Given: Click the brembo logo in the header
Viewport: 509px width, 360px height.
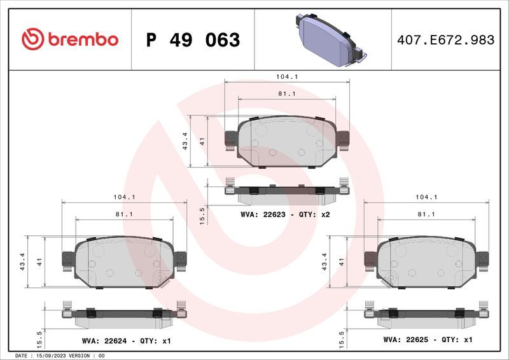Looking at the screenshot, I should point(70,39).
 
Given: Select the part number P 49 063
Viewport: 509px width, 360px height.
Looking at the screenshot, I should point(193,40).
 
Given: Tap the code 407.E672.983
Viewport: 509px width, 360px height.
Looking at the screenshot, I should point(445,40).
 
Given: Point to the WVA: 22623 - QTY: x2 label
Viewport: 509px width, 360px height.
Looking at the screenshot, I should point(285,214).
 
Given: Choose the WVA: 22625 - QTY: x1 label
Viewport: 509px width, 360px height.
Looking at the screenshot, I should point(428,340).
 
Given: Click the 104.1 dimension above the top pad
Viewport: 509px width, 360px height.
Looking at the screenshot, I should point(287,76).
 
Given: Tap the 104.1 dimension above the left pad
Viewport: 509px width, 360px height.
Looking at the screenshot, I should point(124,197).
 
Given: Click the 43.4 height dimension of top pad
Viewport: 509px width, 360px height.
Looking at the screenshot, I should point(185,141).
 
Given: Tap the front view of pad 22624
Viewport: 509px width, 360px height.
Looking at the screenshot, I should point(124,261).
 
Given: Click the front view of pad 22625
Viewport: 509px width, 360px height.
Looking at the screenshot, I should point(426,261).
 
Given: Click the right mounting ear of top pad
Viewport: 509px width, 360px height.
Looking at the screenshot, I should point(343,138).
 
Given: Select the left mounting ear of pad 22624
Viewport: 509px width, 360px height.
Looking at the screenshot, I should point(67,258).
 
